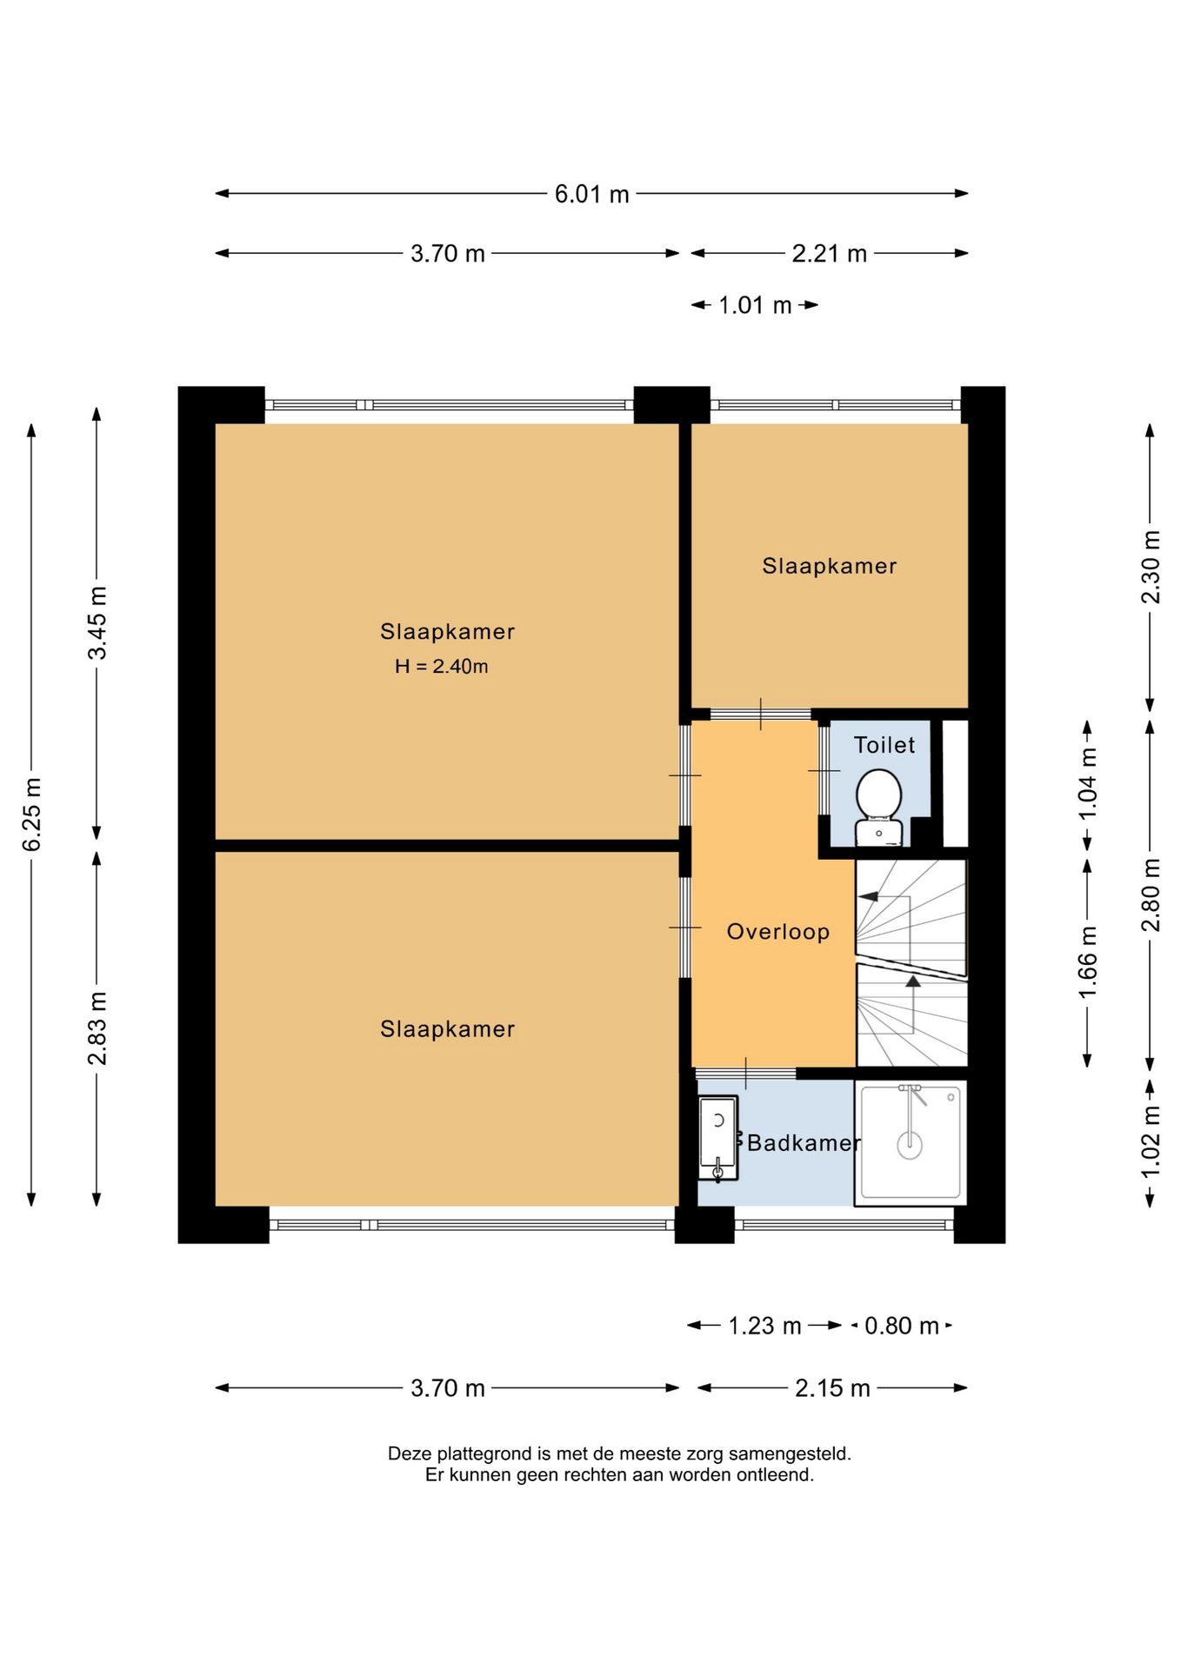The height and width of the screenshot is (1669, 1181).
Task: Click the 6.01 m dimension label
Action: click(591, 194)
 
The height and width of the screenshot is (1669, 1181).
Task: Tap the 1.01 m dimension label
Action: click(755, 306)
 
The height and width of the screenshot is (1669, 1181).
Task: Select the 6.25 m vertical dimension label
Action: click(31, 815)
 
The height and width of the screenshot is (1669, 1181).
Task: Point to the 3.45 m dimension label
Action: click(97, 622)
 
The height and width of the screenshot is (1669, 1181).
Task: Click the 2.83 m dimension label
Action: click(97, 1028)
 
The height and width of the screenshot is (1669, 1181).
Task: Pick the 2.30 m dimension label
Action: click(1151, 567)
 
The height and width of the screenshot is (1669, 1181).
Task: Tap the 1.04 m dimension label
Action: click(1087, 784)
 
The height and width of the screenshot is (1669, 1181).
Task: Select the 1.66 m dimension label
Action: click(1087, 963)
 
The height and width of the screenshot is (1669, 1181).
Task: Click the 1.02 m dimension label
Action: click(1151, 1141)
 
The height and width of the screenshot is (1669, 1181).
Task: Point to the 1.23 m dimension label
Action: click(764, 1326)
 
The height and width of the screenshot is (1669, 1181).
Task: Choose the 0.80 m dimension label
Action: click(902, 1326)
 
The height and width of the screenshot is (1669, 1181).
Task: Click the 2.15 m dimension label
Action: click(832, 1388)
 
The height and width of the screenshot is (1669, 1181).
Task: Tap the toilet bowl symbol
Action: click(878, 807)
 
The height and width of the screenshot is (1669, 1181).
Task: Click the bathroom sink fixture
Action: click(718, 1138)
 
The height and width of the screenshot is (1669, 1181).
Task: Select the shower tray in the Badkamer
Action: click(911, 1142)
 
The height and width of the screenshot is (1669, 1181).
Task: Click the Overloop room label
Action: click(778, 932)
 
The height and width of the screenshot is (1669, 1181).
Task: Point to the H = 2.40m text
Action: click(442, 667)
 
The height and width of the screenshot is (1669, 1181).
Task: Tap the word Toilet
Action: click(884, 745)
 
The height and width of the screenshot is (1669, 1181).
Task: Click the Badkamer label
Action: click(804, 1143)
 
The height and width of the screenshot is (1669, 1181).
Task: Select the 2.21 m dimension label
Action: click(830, 254)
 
